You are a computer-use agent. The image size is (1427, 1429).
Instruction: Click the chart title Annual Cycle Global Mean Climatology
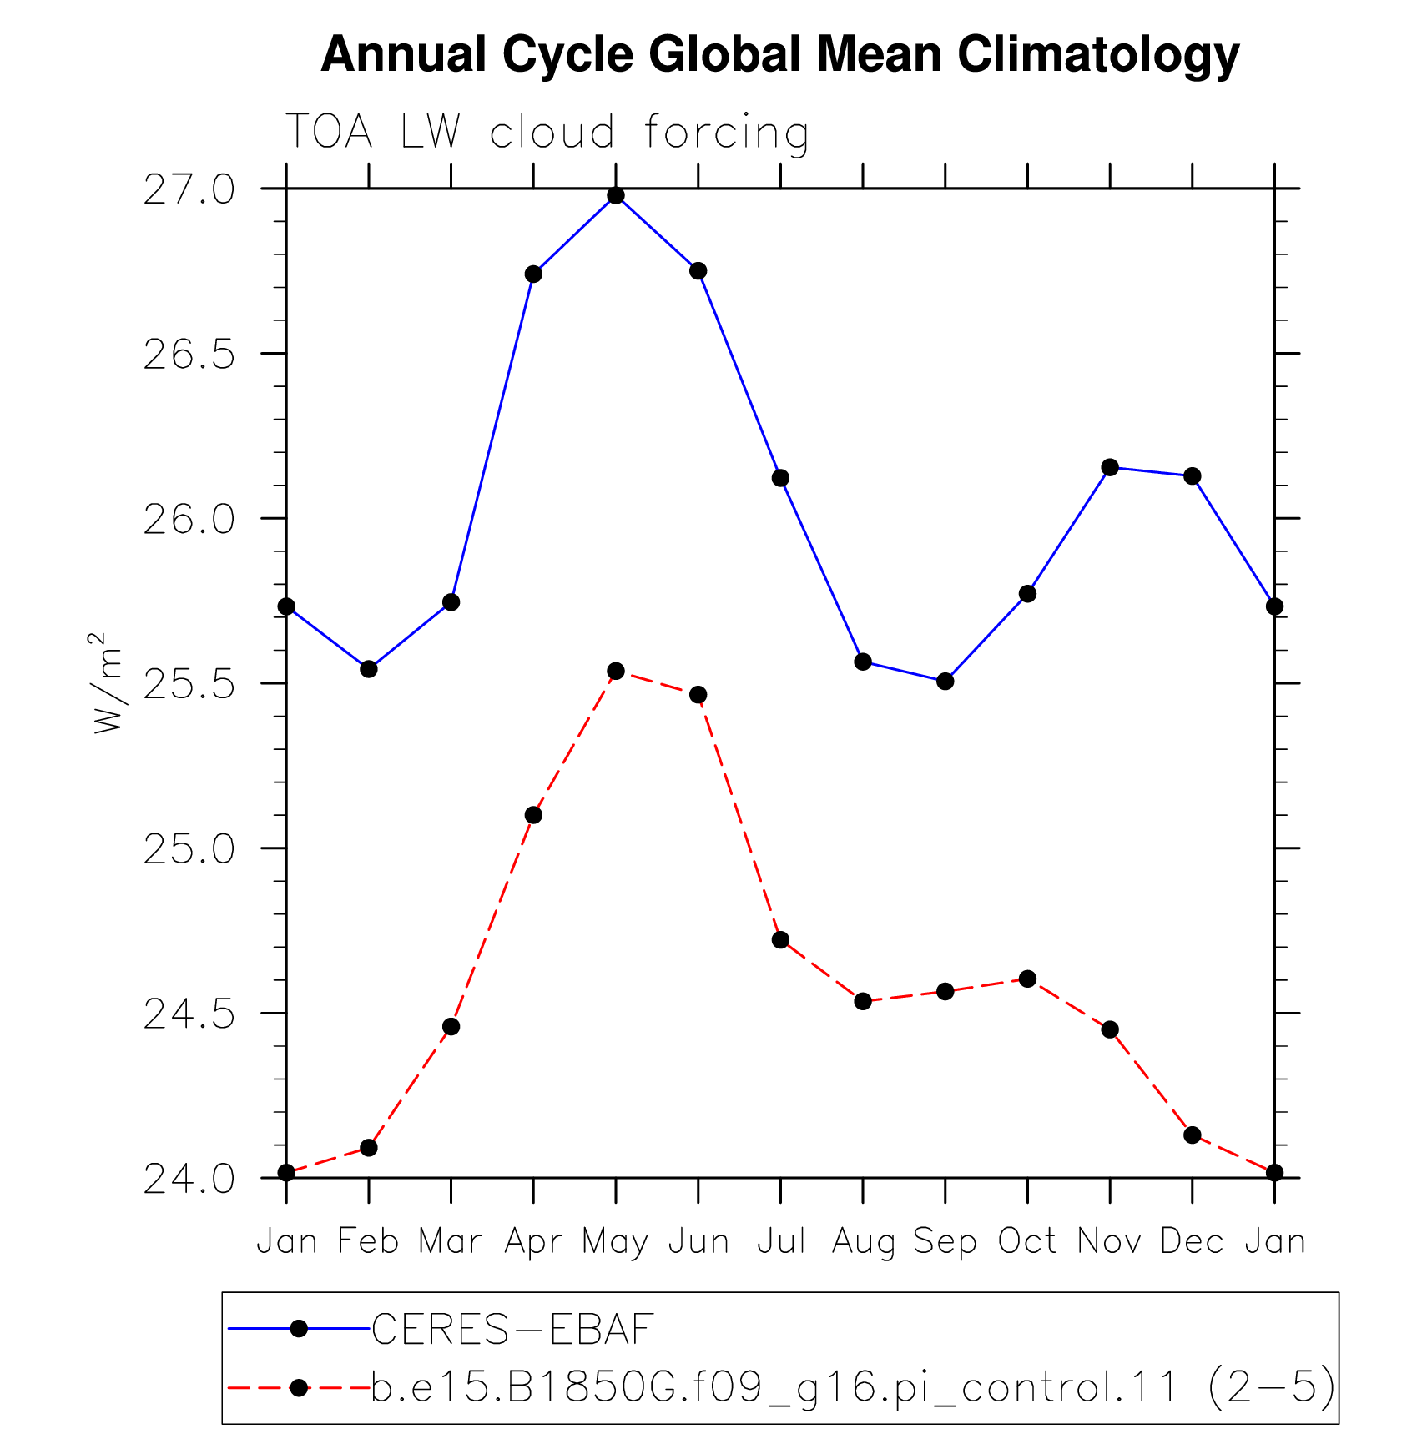coord(779,55)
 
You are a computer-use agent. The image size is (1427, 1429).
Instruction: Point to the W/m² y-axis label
coord(107,683)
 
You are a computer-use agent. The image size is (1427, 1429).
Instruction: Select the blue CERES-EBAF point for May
coord(616,196)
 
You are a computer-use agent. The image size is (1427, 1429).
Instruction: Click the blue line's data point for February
coord(369,669)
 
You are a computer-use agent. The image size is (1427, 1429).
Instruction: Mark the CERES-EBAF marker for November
coord(1110,467)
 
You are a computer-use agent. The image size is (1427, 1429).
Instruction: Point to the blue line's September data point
coord(945,682)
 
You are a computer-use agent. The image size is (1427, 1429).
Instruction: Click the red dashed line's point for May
coord(616,671)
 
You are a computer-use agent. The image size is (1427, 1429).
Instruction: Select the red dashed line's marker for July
coord(780,940)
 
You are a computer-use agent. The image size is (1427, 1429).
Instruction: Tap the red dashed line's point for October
coord(1027,979)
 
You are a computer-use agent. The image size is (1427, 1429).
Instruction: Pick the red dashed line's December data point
coord(1192,1135)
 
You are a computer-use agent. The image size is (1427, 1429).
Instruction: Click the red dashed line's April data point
coord(534,815)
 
